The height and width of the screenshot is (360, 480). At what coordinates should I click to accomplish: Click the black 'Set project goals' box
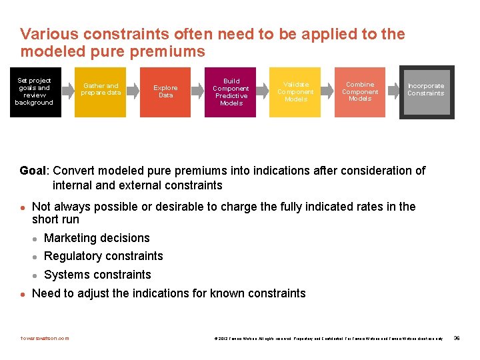click(34, 92)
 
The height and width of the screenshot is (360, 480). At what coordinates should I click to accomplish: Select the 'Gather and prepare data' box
click(101, 92)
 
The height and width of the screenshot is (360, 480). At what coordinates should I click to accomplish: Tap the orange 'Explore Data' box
click(165, 92)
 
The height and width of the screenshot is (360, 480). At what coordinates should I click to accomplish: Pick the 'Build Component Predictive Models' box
click(231, 92)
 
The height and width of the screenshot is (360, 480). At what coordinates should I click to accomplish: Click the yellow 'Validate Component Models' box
click(295, 92)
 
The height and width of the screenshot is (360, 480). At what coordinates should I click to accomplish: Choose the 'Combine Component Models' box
click(360, 92)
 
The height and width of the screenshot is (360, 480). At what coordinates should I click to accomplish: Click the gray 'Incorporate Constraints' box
click(426, 92)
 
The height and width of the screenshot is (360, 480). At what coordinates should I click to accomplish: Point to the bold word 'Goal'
click(33, 171)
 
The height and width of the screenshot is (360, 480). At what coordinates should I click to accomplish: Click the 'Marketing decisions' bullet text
click(97, 238)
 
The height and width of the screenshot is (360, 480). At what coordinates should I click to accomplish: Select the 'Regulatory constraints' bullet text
click(103, 256)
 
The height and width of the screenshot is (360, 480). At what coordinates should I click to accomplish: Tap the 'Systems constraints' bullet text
click(97, 275)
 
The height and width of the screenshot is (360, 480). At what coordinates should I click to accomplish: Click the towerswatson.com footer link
click(45, 338)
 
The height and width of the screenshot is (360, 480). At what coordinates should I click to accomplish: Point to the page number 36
click(457, 338)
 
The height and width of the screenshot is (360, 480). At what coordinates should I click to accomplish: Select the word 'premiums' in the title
click(171, 51)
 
